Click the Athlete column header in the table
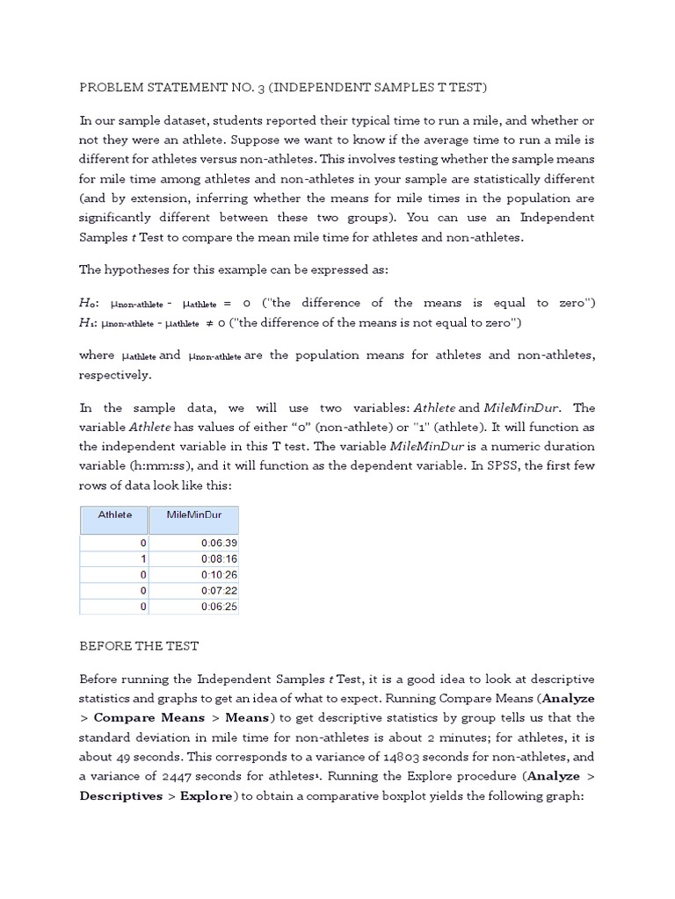114,514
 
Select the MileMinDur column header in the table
193,514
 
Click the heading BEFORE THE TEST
139,646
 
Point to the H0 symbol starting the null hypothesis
89,303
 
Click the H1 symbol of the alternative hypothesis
89,322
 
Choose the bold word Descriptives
120,795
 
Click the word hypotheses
139,269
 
